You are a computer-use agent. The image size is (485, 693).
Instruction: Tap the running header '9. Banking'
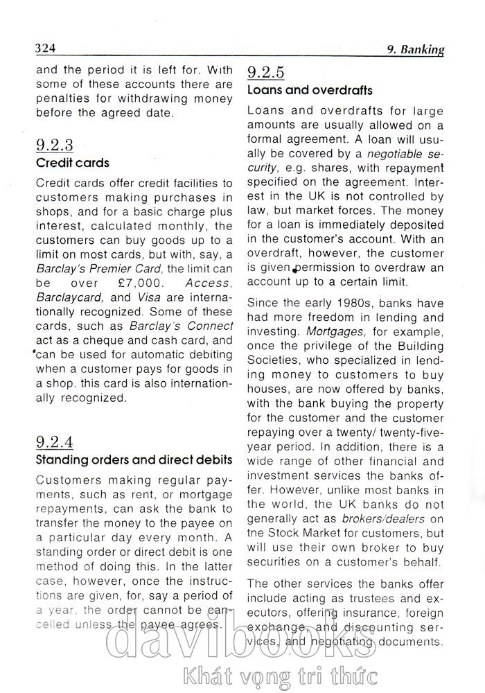415,49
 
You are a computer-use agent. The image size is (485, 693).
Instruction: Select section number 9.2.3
54,146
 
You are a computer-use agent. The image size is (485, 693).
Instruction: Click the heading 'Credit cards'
72,164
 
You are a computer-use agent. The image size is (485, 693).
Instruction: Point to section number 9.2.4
54,441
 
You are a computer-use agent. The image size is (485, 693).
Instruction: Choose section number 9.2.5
266,72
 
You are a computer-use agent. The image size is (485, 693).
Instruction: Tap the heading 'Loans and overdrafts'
310,90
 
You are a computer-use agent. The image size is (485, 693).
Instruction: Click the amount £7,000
141,283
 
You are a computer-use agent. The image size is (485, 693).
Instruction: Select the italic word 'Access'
208,283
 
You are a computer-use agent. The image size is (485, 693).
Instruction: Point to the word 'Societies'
274,360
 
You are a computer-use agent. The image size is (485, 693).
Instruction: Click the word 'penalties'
62,98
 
